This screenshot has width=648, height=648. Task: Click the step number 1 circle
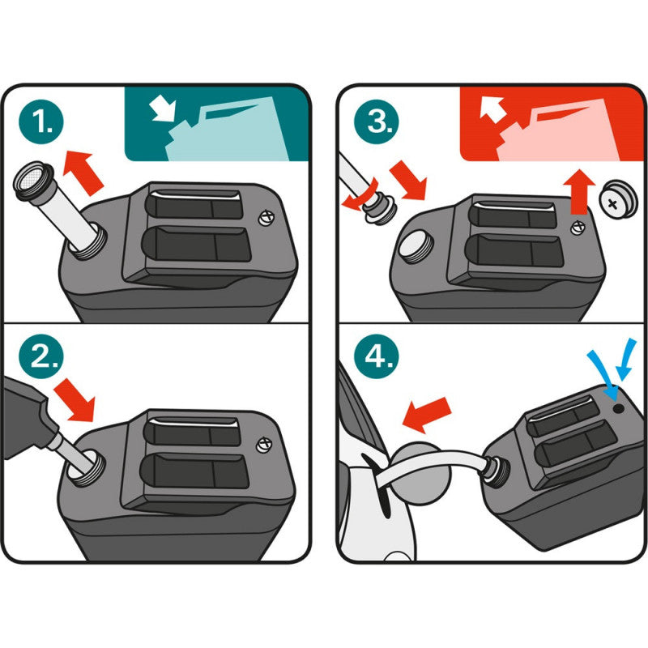click(41, 122)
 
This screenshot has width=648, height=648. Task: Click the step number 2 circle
click(41, 356)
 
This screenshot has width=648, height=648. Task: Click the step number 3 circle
click(377, 122)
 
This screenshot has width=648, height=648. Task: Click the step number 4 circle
click(377, 356)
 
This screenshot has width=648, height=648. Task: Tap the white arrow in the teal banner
click(163, 109)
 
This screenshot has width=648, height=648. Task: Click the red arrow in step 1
click(83, 172)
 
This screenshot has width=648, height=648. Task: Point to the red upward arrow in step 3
click(581, 192)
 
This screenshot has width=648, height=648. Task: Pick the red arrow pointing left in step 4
click(426, 415)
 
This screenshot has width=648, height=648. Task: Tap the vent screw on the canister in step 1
click(266, 218)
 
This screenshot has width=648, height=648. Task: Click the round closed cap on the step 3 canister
click(415, 247)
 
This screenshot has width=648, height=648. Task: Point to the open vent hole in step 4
click(618, 409)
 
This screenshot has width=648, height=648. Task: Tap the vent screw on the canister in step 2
click(265, 445)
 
